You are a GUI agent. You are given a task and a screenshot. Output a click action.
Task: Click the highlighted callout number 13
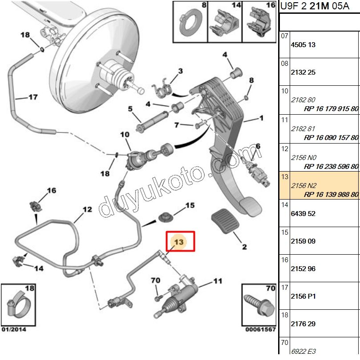point(179,242)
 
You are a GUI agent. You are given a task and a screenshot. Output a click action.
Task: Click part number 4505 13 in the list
point(303,45)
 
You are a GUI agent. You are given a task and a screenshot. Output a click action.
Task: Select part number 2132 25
point(303,72)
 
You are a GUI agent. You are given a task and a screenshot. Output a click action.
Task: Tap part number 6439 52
point(303,213)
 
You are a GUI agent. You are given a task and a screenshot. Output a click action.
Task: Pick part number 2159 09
point(303,241)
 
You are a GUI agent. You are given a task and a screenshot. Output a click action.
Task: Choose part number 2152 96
point(303,269)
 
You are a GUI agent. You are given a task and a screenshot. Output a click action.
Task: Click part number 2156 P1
point(303,296)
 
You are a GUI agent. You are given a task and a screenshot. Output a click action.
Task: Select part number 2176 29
point(303,324)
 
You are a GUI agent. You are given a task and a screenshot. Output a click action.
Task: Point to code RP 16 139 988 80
point(331,195)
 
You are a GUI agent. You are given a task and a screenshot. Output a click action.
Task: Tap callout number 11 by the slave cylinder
point(217,281)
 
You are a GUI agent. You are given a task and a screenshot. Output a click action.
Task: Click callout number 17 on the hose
point(33,97)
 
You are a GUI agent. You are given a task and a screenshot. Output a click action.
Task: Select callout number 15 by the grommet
point(190,205)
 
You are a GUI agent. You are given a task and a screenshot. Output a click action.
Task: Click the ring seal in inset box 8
point(190,20)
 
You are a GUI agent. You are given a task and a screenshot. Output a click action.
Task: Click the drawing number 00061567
point(260,329)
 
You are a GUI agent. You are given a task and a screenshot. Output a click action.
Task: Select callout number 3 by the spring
point(181,71)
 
